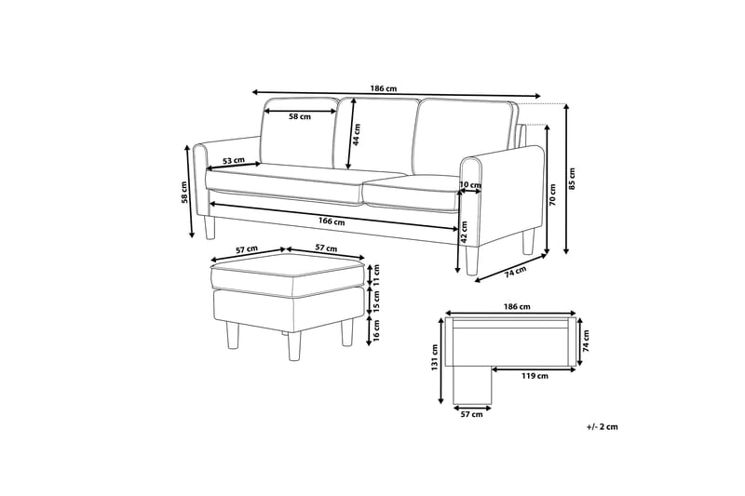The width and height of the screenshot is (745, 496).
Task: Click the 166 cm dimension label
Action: tap(332, 221)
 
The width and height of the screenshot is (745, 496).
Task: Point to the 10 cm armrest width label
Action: tap(472, 184)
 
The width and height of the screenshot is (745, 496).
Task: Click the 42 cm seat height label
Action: tap(464, 238)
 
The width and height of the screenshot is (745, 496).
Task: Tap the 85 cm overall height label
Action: tap(573, 177)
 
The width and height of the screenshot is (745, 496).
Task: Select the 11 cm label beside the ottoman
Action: tap(377, 274)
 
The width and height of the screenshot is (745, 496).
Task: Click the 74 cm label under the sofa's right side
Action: tap(515, 272)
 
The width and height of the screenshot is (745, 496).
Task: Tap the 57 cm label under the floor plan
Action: tap(471, 414)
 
